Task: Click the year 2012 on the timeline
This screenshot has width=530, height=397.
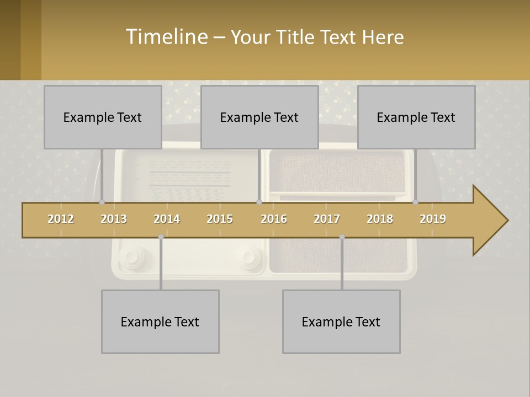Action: point(61,219)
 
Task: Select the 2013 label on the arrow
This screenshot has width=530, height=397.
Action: point(114,219)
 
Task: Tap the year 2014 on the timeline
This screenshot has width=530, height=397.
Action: point(167,219)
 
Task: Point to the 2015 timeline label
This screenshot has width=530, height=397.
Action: point(220,219)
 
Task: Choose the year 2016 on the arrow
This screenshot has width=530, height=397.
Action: point(274,219)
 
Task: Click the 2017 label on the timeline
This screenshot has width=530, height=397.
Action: point(327,219)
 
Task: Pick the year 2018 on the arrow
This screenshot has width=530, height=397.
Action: point(380,219)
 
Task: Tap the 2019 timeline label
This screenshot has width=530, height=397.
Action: point(433,219)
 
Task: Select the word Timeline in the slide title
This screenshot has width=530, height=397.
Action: point(166,37)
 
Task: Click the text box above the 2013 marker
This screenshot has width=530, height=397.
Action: point(103,117)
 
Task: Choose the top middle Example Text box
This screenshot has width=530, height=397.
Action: point(259,117)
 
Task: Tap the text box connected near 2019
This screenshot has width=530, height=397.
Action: point(416,117)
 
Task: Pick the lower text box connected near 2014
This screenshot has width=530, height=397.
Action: point(160,321)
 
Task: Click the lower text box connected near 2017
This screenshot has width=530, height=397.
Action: point(341,321)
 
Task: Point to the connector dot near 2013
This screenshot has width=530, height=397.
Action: point(102,202)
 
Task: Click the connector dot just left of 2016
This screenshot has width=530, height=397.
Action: point(259,202)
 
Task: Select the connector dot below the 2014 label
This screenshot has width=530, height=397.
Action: point(161,237)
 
